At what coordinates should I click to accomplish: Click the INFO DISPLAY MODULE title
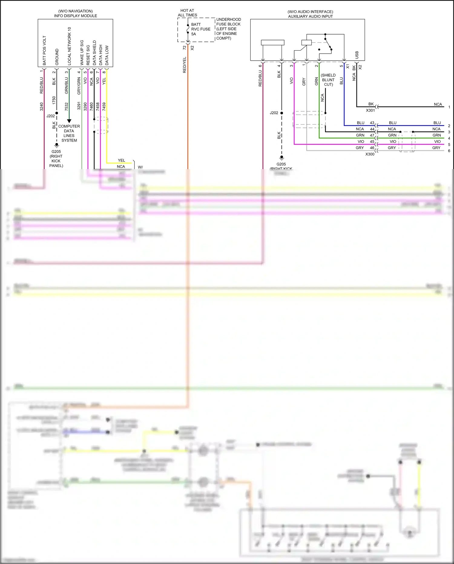pos(75,16)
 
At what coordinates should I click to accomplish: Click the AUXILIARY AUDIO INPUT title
pos(310,16)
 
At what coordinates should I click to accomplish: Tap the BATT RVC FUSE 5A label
pos(200,29)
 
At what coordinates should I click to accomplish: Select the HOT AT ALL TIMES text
pos(187,13)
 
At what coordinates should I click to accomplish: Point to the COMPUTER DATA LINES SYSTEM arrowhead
pos(69,121)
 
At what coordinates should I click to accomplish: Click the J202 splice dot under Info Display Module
pos(57,113)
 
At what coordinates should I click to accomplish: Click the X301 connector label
pos(370,110)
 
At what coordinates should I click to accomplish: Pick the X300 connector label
pos(370,154)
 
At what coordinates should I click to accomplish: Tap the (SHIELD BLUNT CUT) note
pos(328,80)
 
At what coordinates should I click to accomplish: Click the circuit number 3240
pos(41,107)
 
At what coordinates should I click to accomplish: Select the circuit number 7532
pos(67,107)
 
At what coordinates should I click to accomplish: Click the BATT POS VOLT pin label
pos(44,50)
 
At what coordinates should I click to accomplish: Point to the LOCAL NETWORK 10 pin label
pos(69,46)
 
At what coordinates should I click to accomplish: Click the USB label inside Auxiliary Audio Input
pos(357,55)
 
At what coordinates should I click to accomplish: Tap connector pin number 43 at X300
pos(372,123)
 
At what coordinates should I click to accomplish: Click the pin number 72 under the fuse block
pos(185,48)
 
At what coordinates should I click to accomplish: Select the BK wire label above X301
pos(371,104)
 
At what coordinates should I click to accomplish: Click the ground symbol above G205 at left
pos(57,145)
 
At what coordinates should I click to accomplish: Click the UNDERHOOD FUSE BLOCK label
pos(228,22)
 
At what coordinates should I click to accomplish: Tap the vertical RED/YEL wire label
pos(185,65)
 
